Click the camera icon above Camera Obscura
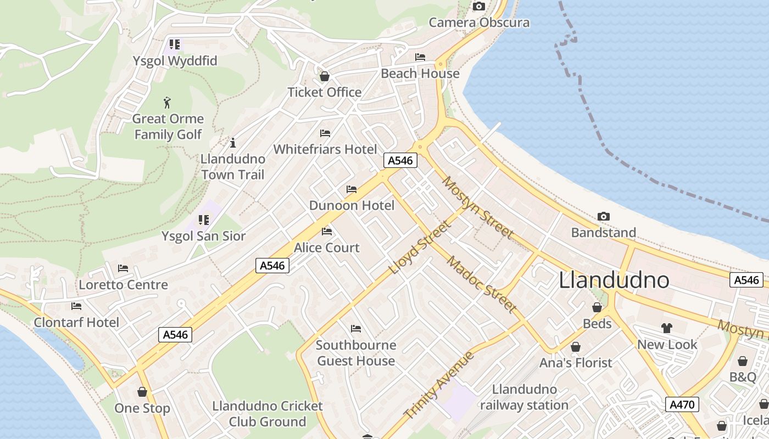pos(479,7)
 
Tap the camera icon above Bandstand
pos(604,217)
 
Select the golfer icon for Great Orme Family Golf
pos(168,102)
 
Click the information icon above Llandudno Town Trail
pos(233,143)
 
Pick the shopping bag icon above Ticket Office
pos(325,76)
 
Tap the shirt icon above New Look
pos(667,328)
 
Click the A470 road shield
pos(683,405)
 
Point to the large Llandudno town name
pos(614,280)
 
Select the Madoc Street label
pos(482,284)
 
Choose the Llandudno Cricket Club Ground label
pos(268,414)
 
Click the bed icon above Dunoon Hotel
pos(352,189)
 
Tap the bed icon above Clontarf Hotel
pos(76,306)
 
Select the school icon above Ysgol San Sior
pos(204,220)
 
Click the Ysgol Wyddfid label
pos(175,61)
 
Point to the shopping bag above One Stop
pos(142,392)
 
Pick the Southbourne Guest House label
pos(356,353)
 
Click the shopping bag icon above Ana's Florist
pos(576,347)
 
